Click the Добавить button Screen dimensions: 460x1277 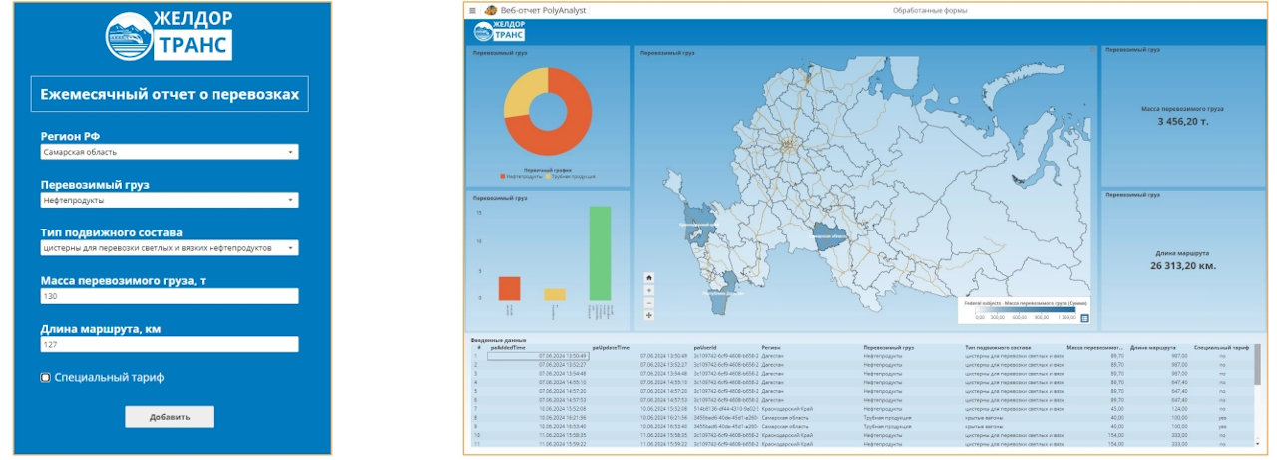pyautogui.click(x=169, y=417)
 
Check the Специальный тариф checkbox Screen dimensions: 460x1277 pyautogui.click(x=46, y=378)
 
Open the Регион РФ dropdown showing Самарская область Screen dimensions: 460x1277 pyautogui.click(x=169, y=152)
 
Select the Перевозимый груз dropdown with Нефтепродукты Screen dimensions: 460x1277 pyautogui.click(x=169, y=200)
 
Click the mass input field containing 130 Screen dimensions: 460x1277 pyautogui.click(x=169, y=296)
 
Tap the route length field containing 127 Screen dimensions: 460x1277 pyautogui.click(x=169, y=344)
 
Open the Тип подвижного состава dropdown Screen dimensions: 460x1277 pyautogui.click(x=169, y=247)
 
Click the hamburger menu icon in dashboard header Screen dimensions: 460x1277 pyautogui.click(x=472, y=10)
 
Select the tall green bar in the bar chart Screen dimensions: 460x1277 pyautogui.click(x=599, y=252)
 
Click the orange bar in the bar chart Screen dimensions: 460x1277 pyautogui.click(x=509, y=288)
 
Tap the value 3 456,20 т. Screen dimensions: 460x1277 pyautogui.click(x=1182, y=121)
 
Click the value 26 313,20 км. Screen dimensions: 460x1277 pyautogui.click(x=1182, y=266)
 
